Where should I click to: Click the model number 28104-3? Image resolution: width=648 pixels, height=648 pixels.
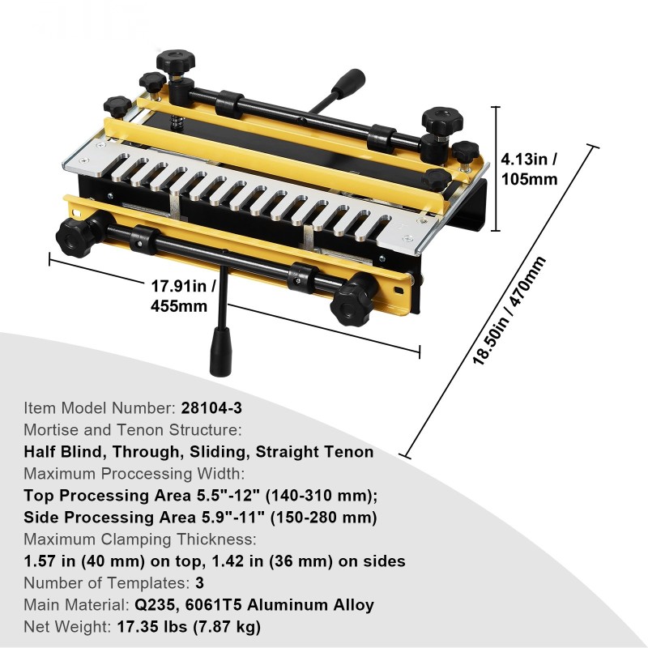click(211, 408)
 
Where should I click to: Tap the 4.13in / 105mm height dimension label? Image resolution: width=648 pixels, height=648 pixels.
click(529, 169)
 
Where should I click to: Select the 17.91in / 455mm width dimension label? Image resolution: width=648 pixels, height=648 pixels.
click(183, 296)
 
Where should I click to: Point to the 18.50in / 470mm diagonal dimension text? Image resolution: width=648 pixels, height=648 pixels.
click(509, 311)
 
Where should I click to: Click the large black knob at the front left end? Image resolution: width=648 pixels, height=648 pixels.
click(75, 236)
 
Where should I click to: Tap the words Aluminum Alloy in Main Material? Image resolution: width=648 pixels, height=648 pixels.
click(310, 604)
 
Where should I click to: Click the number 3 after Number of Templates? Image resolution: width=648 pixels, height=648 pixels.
click(199, 582)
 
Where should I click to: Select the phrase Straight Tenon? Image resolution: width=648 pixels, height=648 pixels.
click(314, 452)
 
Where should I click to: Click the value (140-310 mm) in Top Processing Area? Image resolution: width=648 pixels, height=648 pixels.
click(321, 496)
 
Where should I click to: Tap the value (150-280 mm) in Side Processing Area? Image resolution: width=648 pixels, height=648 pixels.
click(323, 518)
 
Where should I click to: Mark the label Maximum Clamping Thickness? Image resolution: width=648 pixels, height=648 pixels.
click(140, 539)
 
